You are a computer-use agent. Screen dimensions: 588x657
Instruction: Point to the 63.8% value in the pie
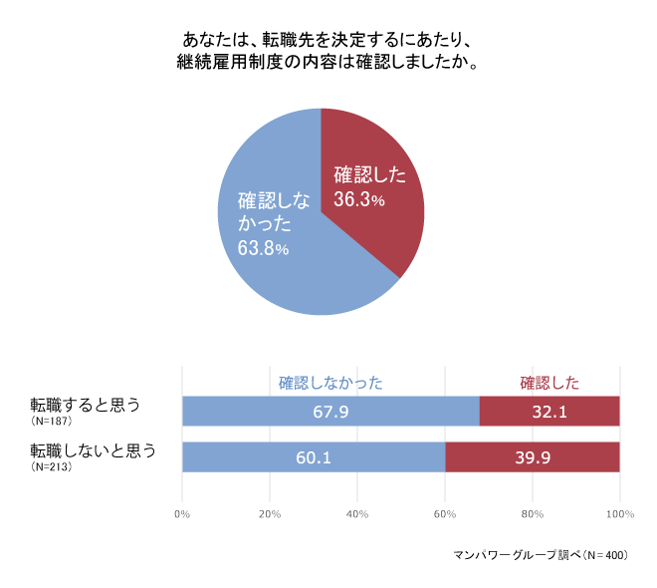point(263,248)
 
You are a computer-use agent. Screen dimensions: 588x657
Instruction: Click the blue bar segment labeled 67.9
point(330,411)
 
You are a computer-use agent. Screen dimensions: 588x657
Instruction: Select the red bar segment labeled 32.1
point(549,411)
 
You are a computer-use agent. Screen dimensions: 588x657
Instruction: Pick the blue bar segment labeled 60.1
point(314,457)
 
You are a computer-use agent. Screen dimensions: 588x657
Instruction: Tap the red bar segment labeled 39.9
point(533,457)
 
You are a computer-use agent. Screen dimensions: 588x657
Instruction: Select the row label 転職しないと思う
point(94,450)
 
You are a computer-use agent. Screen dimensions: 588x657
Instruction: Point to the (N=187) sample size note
point(51,421)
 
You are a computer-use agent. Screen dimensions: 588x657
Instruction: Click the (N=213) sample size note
point(51,466)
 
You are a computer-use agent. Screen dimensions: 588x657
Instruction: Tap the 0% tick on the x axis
point(182,514)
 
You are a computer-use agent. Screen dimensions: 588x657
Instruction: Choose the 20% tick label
point(270,514)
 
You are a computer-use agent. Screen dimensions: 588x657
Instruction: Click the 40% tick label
point(357,514)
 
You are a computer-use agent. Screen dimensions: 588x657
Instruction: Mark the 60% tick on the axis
point(445,514)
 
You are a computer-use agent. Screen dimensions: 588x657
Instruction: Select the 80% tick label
point(533,514)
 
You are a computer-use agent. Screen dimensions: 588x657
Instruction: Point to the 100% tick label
point(619,514)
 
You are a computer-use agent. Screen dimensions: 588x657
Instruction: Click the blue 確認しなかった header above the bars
point(330,382)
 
